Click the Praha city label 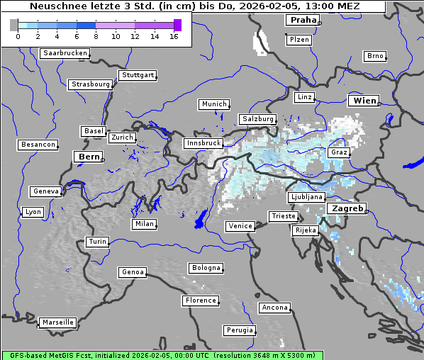click(302, 20)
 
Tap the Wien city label click(364, 101)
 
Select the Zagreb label click(347, 209)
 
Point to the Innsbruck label click(203, 143)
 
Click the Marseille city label click(57, 322)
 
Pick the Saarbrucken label click(65, 53)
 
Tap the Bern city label click(89, 157)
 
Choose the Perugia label click(239, 330)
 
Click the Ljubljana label click(306, 197)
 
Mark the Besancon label click(38, 145)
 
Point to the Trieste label click(283, 216)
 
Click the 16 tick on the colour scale click(174, 37)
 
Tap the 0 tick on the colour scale click(18, 37)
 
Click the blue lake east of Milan click(200, 218)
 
